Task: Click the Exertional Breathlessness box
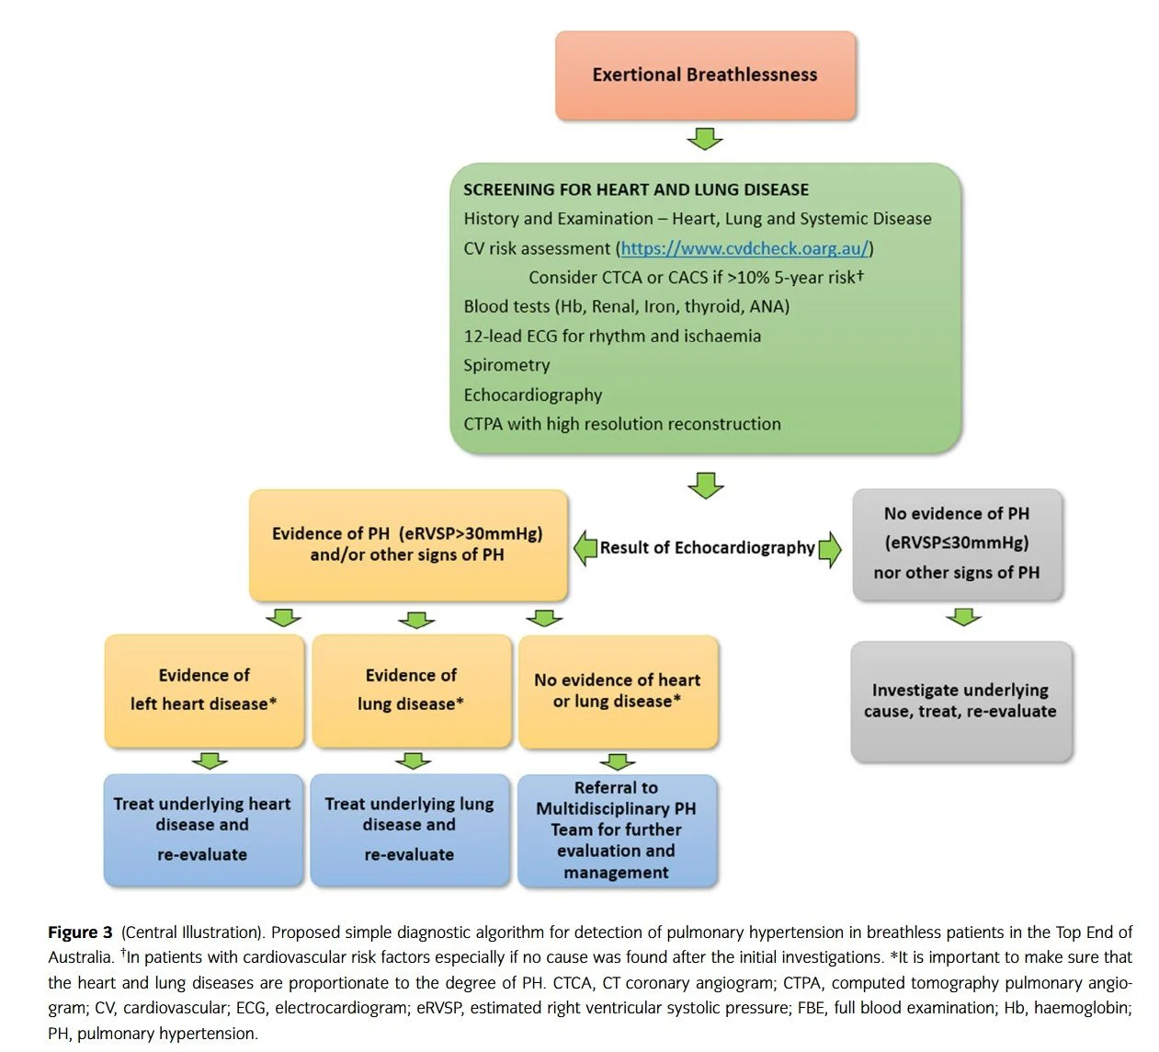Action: coord(705,75)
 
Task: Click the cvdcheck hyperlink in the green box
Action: coord(744,248)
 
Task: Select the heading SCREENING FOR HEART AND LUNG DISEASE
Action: coord(636,190)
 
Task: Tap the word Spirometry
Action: coord(506,365)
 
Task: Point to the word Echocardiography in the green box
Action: coord(533,394)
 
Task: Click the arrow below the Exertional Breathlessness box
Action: coord(705,139)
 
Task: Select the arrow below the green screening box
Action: coord(705,485)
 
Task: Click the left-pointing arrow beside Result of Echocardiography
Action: coord(585,548)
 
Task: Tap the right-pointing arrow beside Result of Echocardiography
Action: coord(829,549)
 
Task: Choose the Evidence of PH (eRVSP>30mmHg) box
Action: coord(408,544)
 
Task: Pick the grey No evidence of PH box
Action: coord(957,543)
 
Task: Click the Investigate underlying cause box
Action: coord(960,701)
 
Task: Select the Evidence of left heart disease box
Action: coord(204,690)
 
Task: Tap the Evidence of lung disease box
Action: coord(411,690)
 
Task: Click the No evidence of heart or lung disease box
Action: coord(618,691)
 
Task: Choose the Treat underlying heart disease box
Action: coord(202,829)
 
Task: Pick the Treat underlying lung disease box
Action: coord(409,829)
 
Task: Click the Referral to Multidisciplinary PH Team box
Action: coord(617,830)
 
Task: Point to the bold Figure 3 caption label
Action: coord(80,932)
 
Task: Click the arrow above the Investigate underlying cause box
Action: coord(963,616)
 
